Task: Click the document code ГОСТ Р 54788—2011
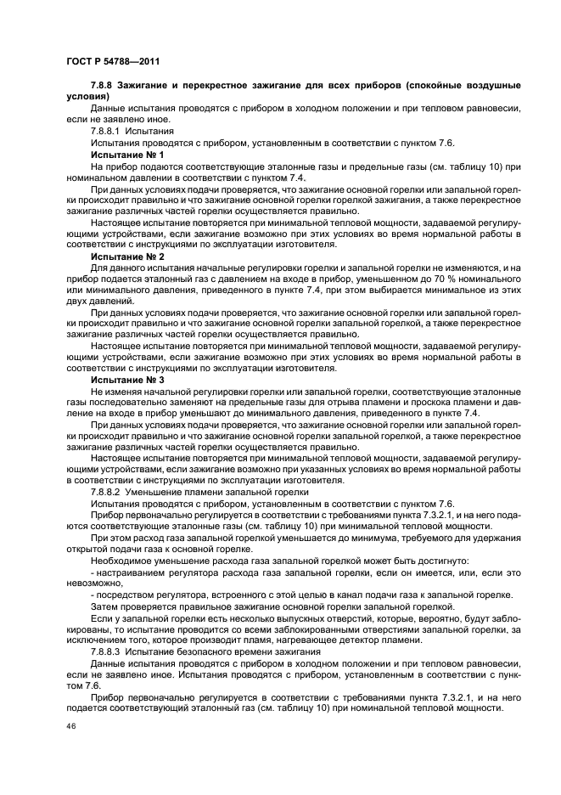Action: click(x=112, y=62)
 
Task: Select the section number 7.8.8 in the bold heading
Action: click(x=104, y=87)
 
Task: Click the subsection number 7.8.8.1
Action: click(x=109, y=132)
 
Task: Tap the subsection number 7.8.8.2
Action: click(x=109, y=491)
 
